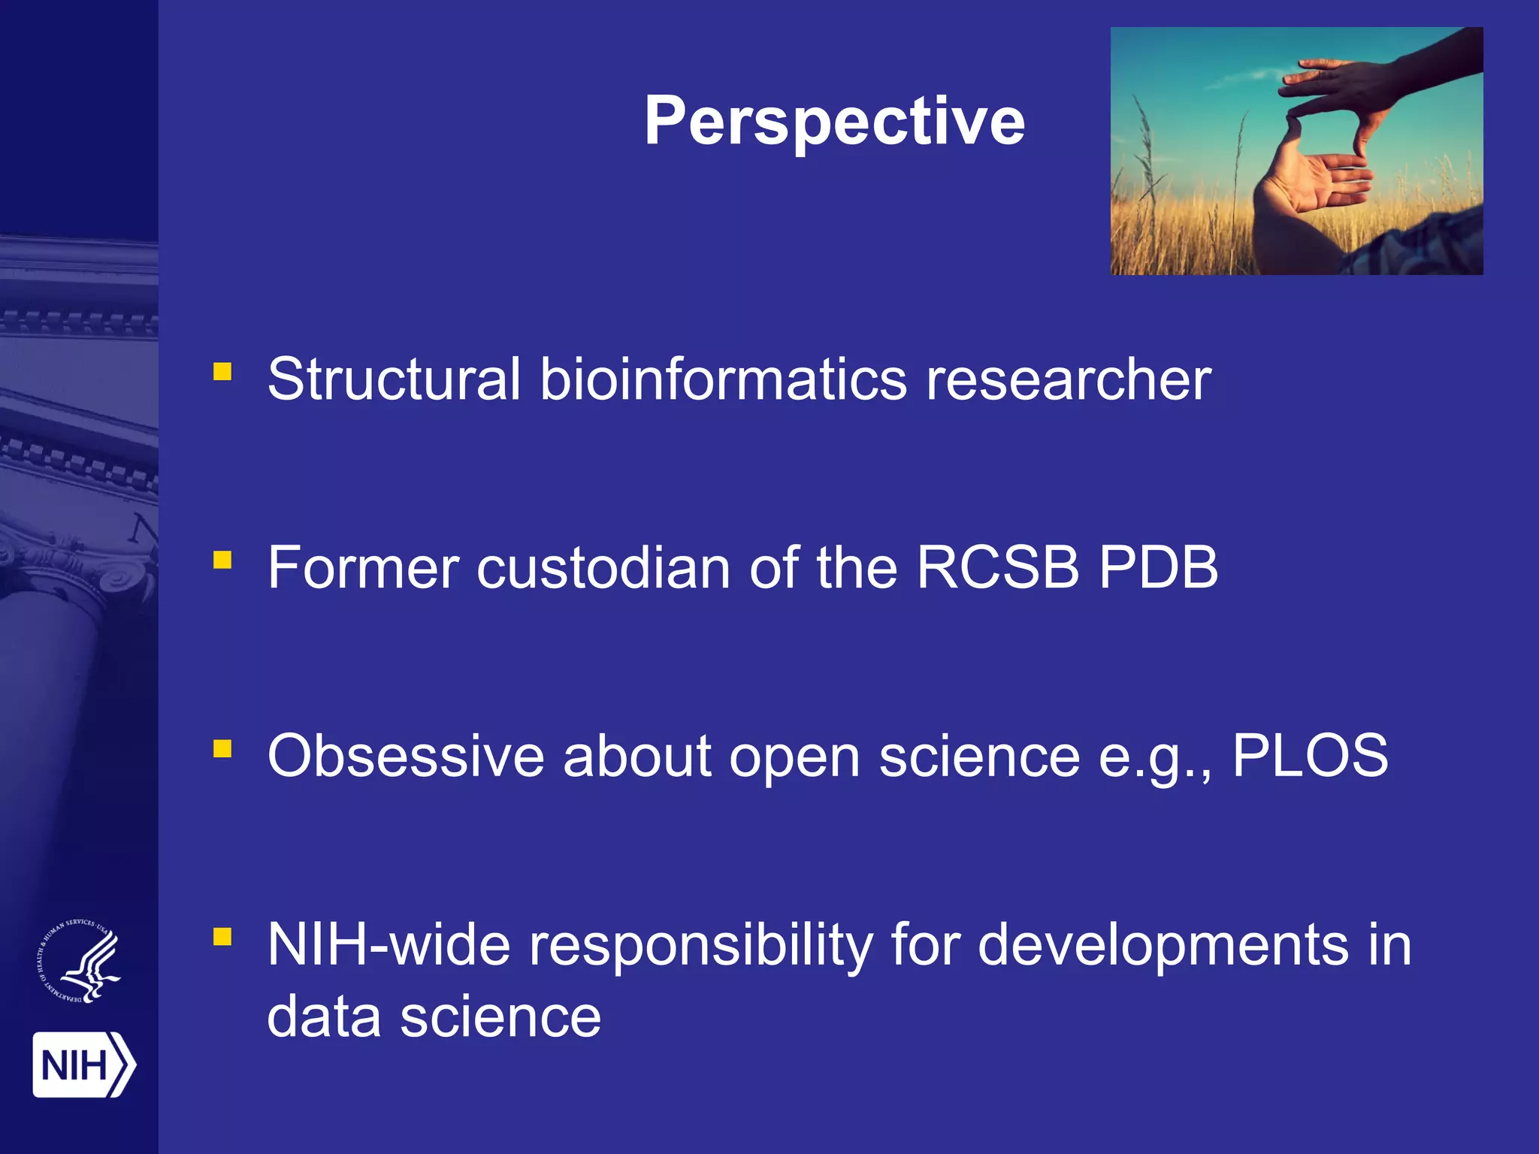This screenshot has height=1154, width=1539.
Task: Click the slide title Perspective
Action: (x=834, y=122)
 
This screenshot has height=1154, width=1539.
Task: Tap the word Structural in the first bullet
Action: (x=394, y=379)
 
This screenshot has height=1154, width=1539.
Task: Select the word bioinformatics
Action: (x=724, y=379)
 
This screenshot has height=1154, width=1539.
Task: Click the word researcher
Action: (x=1068, y=379)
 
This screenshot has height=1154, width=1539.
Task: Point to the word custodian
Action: (x=603, y=568)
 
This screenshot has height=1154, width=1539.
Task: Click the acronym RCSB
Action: (x=997, y=568)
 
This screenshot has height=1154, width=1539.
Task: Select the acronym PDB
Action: (x=1158, y=568)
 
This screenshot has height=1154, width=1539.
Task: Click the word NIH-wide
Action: (x=389, y=945)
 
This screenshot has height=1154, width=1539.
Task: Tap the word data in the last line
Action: (x=324, y=1017)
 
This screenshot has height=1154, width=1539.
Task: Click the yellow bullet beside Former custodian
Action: (x=222, y=560)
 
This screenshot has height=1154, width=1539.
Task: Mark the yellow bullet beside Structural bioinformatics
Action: (x=222, y=371)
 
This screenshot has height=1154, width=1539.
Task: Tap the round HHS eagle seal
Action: (x=80, y=961)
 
